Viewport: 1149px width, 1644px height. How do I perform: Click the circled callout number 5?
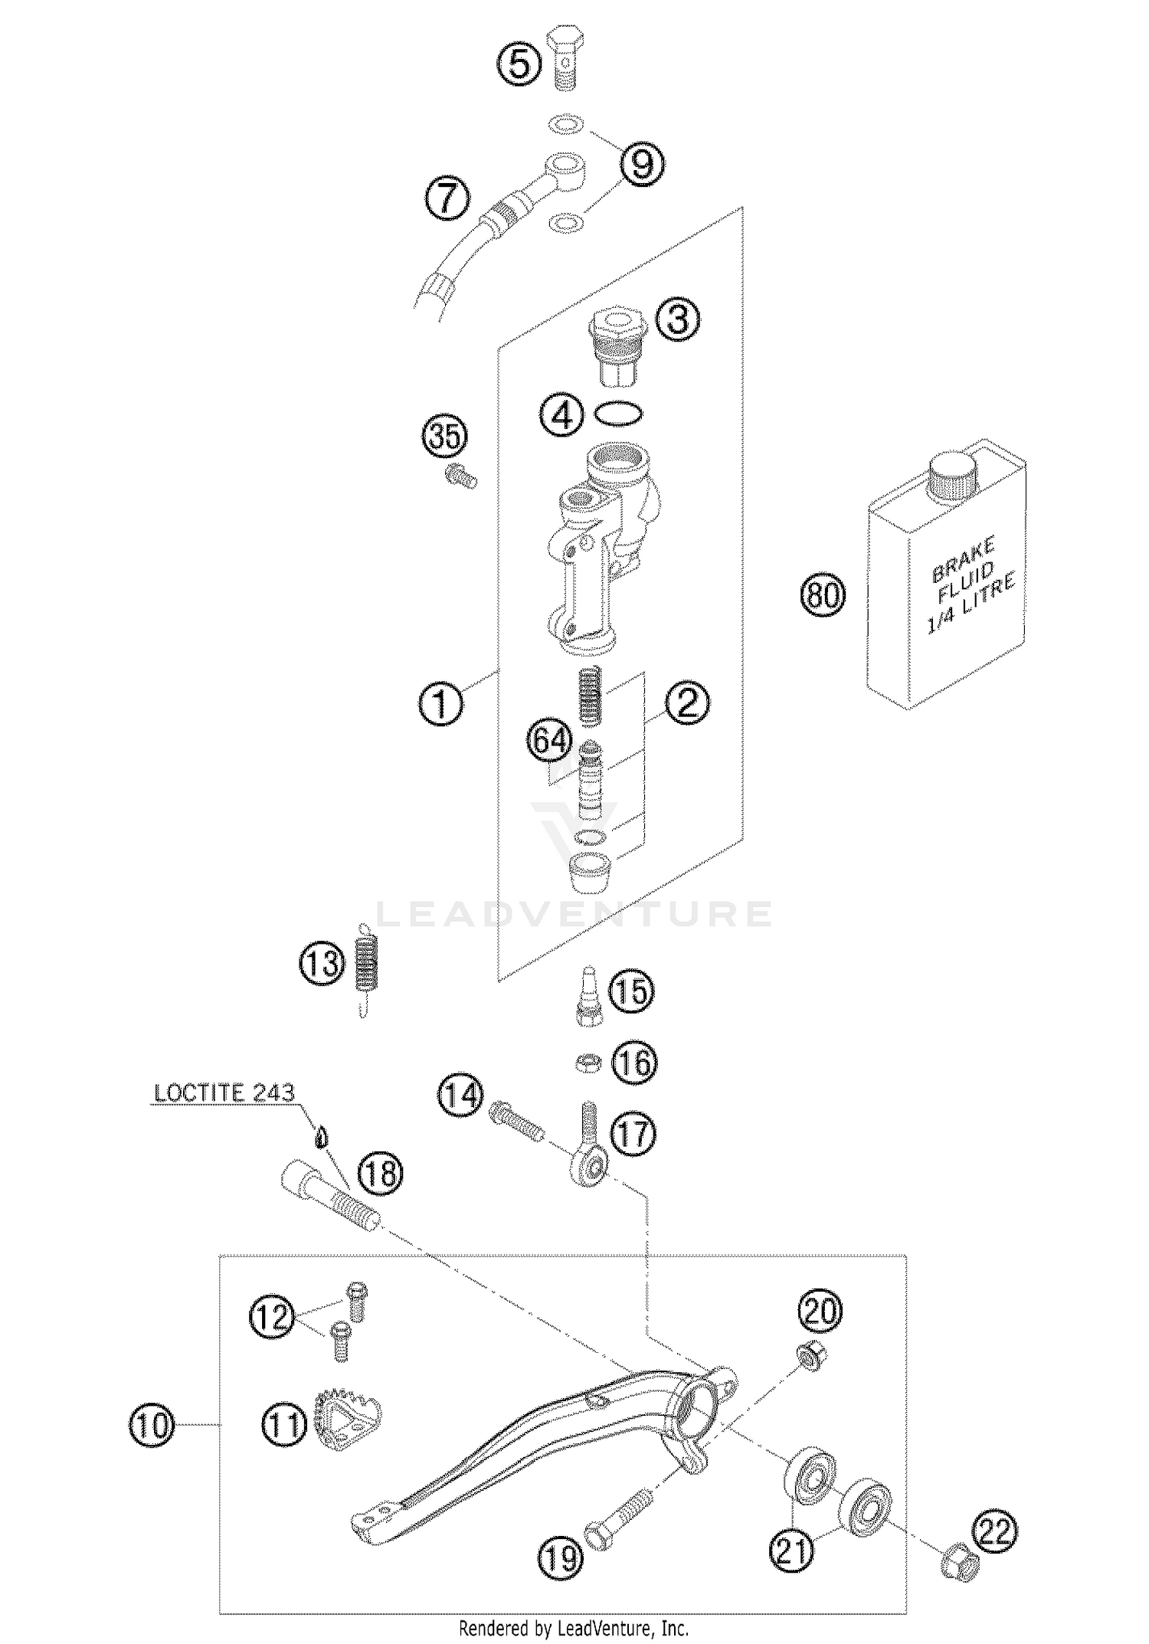tap(519, 64)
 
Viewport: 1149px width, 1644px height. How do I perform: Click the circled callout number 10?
tap(152, 1426)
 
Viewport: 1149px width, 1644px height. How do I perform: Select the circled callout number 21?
tap(792, 1550)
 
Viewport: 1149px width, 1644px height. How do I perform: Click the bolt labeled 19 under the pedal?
tap(617, 1519)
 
